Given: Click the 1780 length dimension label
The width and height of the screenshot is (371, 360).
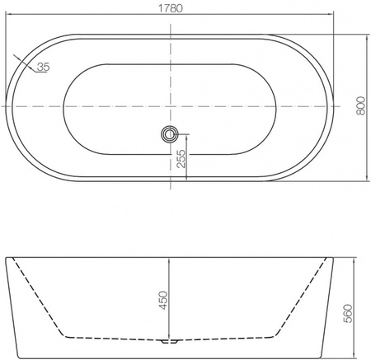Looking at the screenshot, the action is (x=171, y=8).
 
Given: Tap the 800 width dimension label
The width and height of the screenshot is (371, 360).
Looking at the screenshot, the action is (x=361, y=105).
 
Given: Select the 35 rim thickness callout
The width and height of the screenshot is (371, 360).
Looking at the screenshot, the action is (x=43, y=67).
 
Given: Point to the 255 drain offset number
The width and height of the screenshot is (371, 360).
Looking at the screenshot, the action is (x=181, y=159).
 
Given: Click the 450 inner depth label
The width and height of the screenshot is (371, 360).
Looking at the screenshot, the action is (x=163, y=301).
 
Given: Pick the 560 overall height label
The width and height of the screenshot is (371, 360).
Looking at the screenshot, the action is (x=348, y=313).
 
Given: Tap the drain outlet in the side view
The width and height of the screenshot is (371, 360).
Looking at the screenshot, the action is (x=169, y=341).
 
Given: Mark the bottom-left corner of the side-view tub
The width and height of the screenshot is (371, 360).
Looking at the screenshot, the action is (x=19, y=358).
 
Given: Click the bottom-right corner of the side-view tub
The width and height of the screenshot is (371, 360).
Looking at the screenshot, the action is (x=321, y=358).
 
